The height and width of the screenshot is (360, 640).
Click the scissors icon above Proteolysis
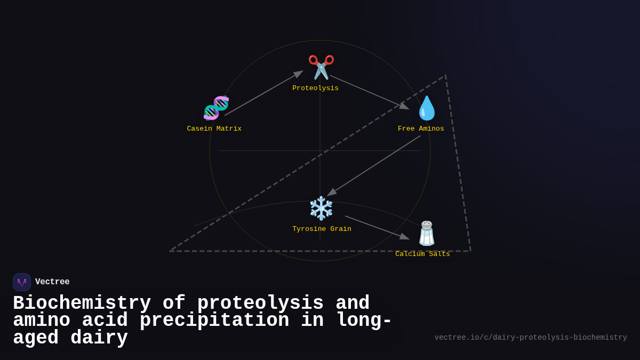321,67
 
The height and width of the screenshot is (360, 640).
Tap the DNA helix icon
216,108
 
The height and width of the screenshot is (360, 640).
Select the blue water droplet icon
427,108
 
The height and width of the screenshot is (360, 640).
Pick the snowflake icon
321,208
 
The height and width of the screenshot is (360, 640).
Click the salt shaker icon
427,234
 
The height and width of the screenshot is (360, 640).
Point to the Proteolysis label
315,89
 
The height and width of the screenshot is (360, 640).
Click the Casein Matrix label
214,129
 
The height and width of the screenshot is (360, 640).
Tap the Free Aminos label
421,129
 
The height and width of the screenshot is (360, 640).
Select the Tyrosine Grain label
322,229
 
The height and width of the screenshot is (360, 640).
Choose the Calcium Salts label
422,254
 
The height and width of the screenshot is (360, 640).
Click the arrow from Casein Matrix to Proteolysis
263,93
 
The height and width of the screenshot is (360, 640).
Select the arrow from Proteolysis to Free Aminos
369,92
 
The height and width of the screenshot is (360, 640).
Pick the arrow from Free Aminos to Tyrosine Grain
374,165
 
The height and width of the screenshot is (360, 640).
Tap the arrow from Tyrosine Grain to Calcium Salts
377,227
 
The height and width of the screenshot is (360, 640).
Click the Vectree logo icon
22,282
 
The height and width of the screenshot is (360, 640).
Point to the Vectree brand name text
52,282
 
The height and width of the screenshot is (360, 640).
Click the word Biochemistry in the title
82,303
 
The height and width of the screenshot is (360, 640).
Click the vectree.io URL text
530,338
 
